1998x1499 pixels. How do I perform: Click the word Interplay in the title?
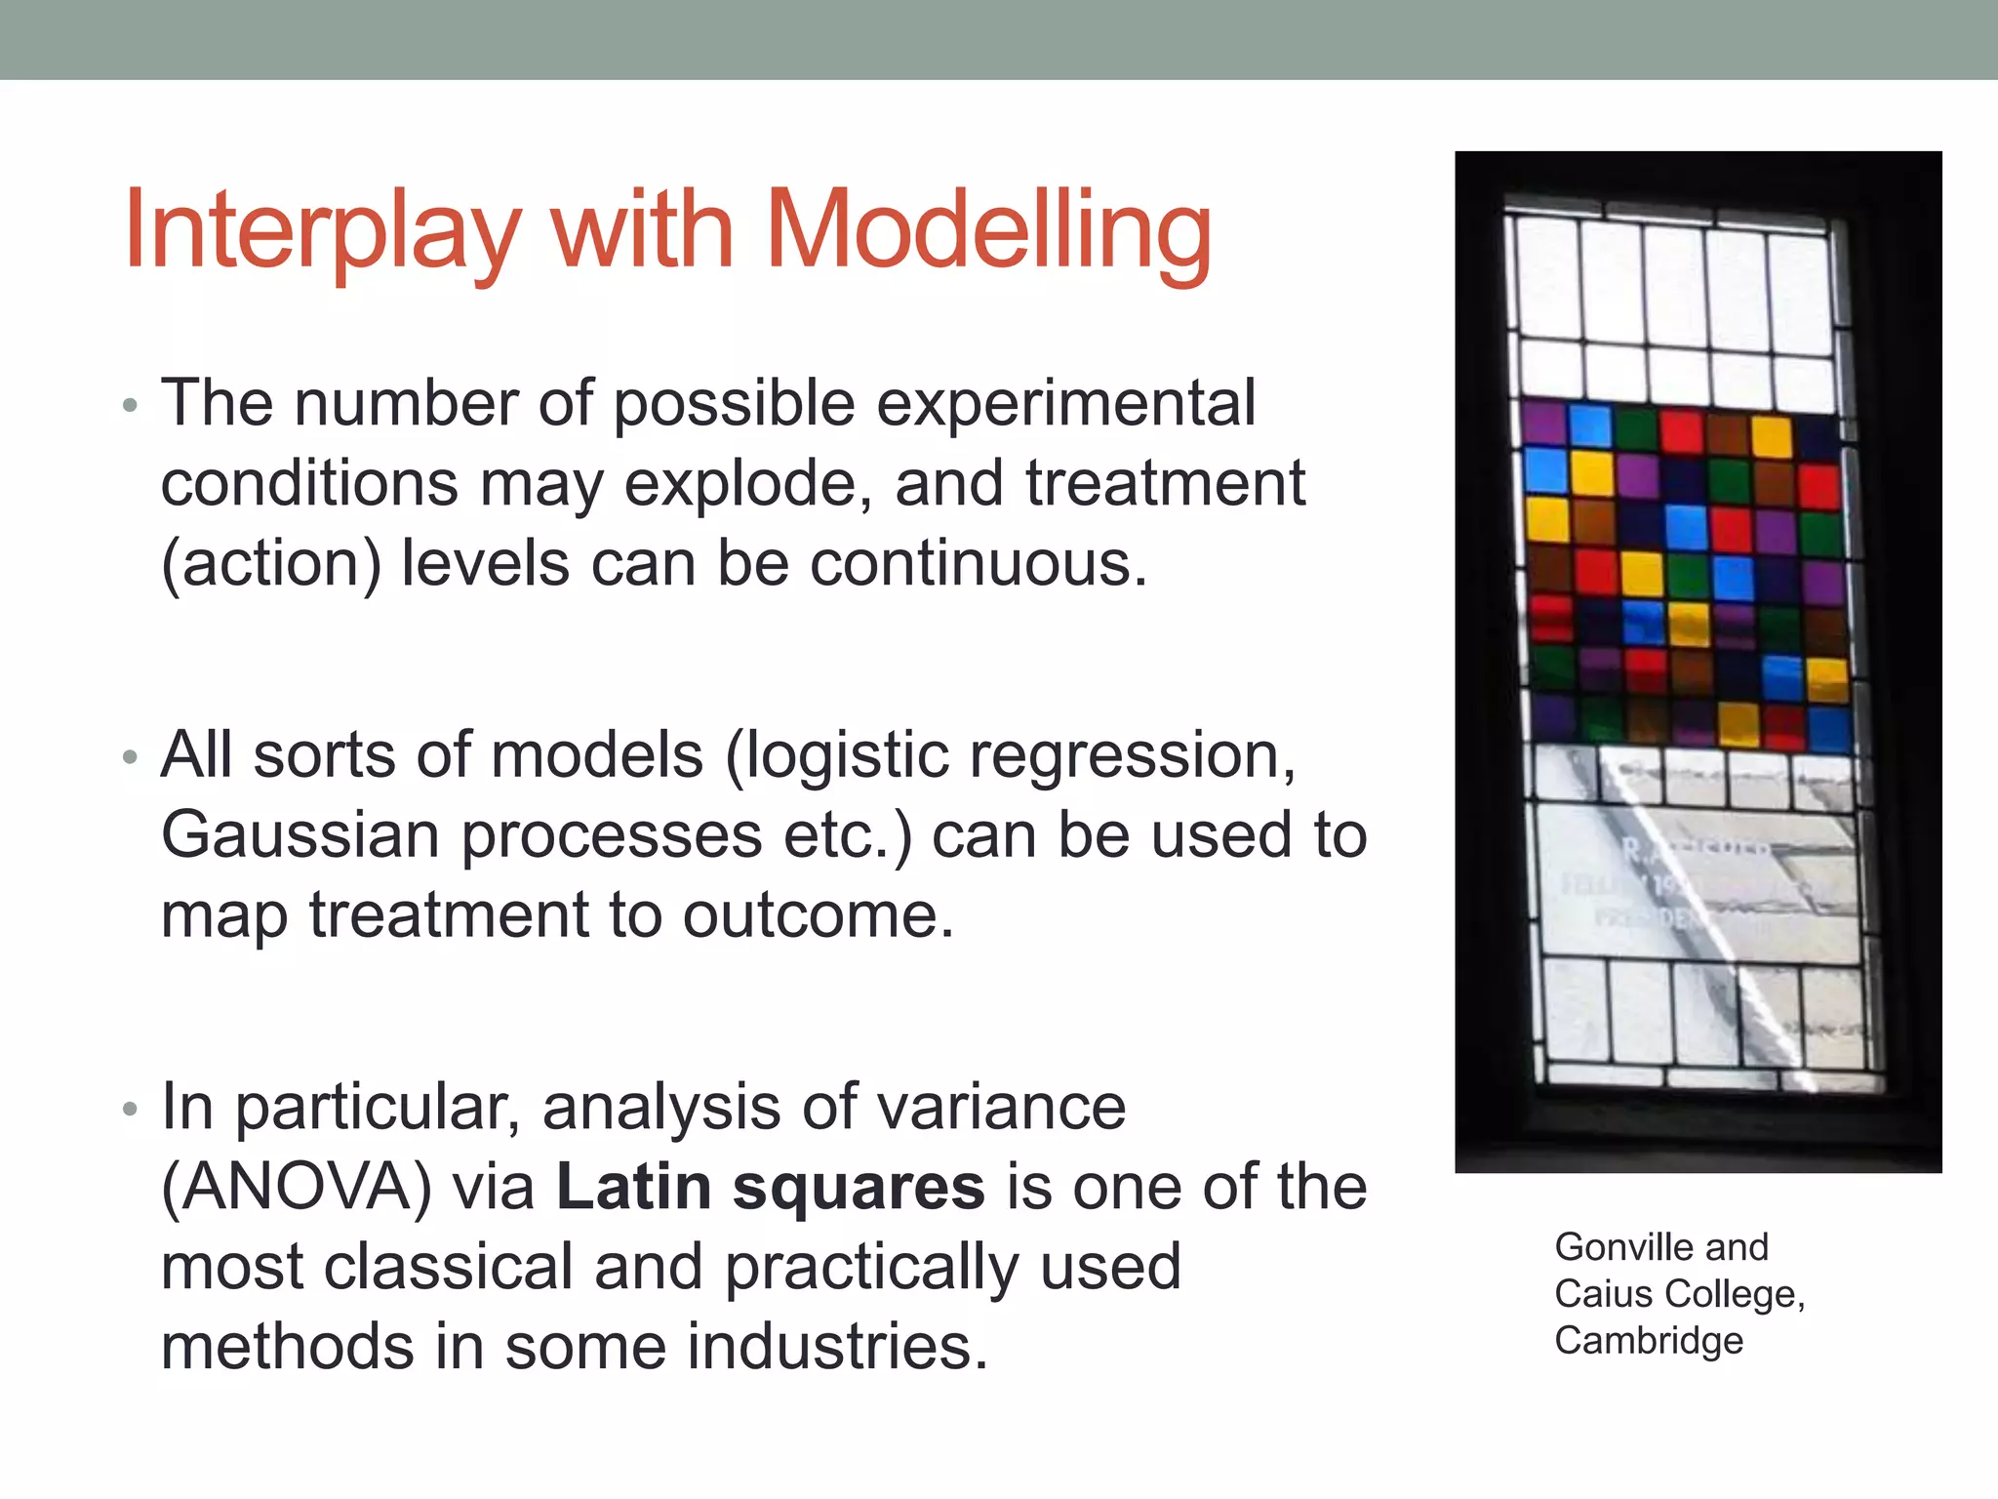tap(322, 231)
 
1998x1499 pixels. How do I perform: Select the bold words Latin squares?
tap(770, 1188)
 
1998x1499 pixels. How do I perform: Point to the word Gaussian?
tap(300, 836)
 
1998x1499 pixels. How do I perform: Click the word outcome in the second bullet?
tap(817, 916)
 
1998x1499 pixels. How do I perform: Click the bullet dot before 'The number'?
tap(131, 405)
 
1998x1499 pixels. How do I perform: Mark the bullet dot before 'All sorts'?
tap(131, 758)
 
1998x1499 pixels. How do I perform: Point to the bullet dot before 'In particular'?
tap(131, 1110)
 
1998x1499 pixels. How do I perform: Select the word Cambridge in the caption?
tap(1648, 1341)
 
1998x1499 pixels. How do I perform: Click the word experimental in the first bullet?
tap(1065, 405)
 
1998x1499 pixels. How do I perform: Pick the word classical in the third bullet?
tap(448, 1268)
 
